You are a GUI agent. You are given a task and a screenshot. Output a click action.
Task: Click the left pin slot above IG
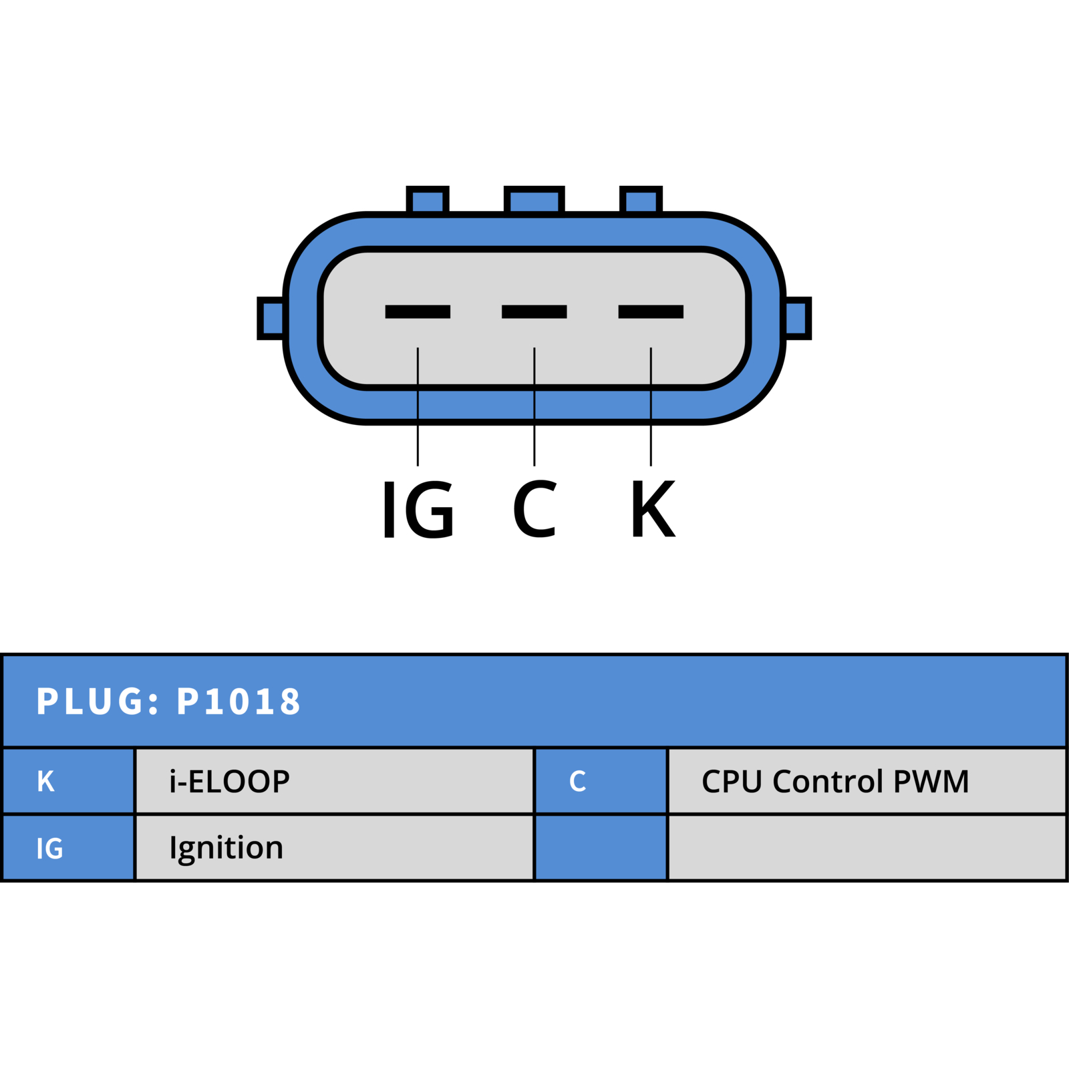coord(418,311)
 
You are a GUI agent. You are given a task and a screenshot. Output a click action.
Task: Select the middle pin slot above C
coord(534,311)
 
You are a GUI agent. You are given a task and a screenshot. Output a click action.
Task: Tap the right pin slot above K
coord(651,311)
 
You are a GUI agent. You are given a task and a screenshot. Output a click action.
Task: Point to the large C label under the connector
coord(534,509)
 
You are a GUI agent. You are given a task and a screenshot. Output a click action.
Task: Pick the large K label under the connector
coord(653,509)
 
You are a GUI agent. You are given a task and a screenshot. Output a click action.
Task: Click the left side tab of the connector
coord(271,318)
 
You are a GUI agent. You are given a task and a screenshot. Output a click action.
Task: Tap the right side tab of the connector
coord(797,318)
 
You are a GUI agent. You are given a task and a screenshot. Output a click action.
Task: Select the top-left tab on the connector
coord(428,200)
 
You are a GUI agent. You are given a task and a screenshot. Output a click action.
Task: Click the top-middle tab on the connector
coord(534,200)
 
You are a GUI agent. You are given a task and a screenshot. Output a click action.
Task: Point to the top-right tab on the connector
coord(641,200)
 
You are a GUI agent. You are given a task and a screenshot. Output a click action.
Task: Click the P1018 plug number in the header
coord(239,702)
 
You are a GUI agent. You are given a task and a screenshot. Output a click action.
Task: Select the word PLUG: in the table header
coord(98,702)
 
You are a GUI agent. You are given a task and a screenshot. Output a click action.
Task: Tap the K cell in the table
coord(68,781)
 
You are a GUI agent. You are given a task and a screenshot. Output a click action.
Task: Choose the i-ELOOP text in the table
coord(229,781)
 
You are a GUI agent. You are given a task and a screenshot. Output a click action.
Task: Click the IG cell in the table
coord(68,847)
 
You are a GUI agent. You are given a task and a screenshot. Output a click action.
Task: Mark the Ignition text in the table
coord(226,849)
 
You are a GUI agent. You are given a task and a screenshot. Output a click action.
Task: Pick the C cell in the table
coord(601,781)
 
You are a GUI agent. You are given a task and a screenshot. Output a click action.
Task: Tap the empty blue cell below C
coord(601,847)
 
